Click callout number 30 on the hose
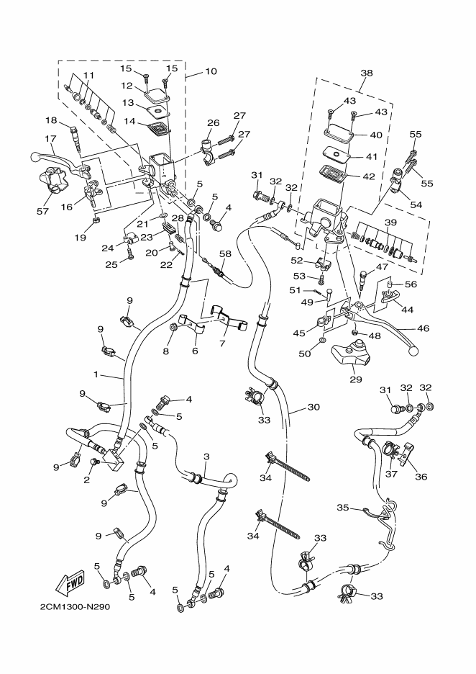point(313,407)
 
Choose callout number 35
point(343,508)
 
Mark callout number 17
point(50,139)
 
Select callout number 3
point(206,457)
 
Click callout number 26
point(213,123)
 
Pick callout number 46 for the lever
point(423,329)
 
